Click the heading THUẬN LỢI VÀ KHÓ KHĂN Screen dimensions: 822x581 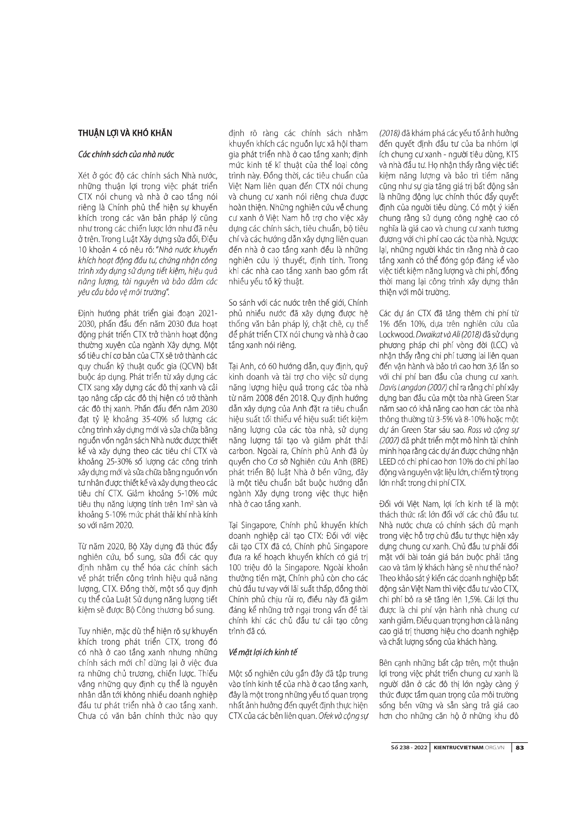pyautogui.click(x=125, y=133)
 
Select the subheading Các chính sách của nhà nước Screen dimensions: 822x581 pyautogui.click(x=126, y=155)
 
